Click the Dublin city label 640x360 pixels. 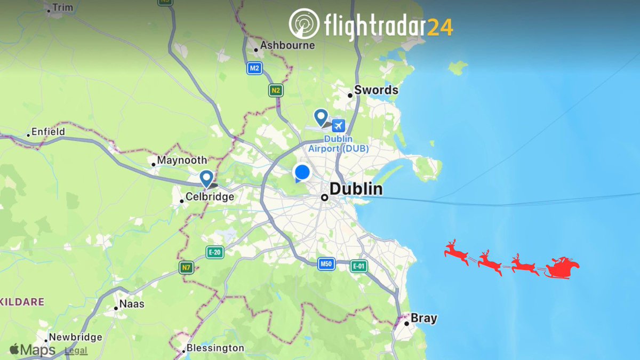coord(356,189)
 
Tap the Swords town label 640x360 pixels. coord(376,90)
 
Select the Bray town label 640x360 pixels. coord(423,318)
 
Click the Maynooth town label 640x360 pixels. coord(182,160)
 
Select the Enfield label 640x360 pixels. coord(48,131)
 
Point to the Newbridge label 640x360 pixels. coord(75,337)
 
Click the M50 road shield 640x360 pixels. coord(326,263)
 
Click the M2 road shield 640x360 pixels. coord(254,68)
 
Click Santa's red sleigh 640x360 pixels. coord(561,267)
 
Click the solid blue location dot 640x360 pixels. coord(302,173)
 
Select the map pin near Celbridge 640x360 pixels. coord(206,178)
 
